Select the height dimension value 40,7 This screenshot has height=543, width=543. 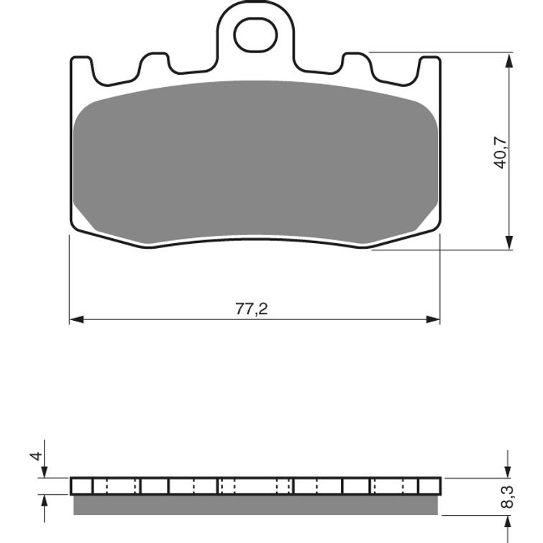tap(501, 152)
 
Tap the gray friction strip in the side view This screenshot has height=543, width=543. tap(255, 505)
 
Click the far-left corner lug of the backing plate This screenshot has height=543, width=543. tap(81, 69)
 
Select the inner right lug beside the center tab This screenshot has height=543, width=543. tap(357, 65)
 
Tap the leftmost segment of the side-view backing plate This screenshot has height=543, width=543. tap(81, 486)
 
